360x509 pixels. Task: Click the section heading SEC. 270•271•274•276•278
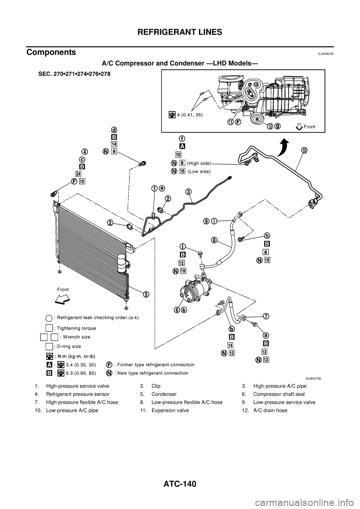coord(74,74)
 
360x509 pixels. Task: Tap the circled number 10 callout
coord(304,150)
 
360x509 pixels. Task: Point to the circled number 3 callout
coord(188,192)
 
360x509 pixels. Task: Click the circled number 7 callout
coord(265,316)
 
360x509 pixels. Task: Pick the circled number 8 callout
coord(214,240)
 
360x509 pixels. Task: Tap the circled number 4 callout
coord(85,152)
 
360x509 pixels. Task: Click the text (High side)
coord(199,163)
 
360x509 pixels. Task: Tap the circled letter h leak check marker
coord(267,235)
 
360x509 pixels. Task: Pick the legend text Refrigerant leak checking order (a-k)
coord(96,317)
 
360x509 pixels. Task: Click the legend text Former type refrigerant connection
coord(154,365)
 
